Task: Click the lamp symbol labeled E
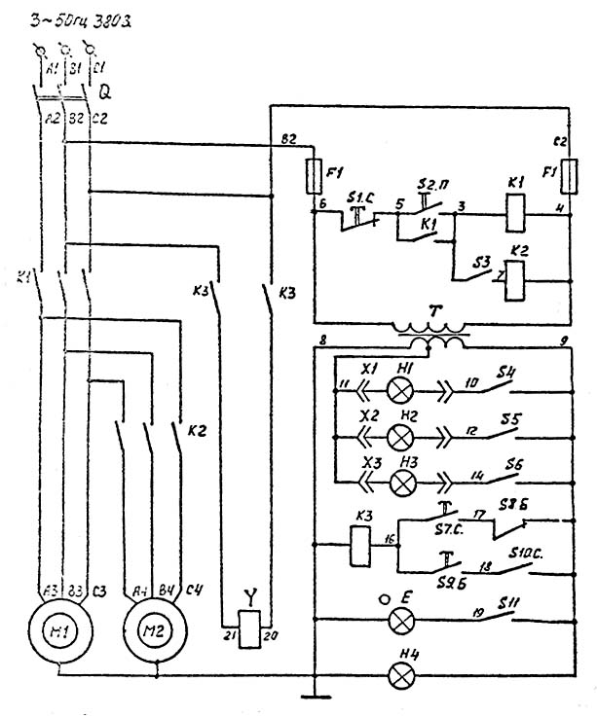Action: [399, 620]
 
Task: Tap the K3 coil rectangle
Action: [357, 541]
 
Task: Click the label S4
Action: [507, 373]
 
